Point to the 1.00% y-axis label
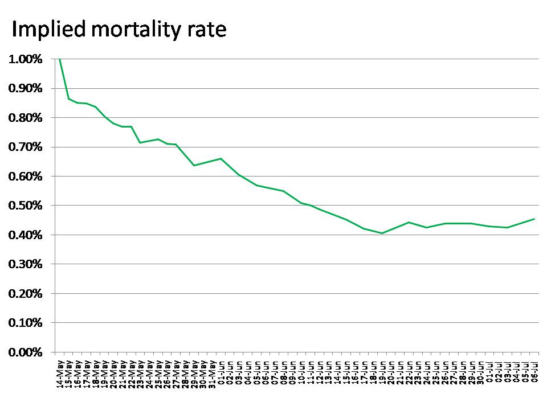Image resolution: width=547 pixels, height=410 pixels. pyautogui.click(x=25, y=59)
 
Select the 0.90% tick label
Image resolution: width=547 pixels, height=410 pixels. pyautogui.click(x=25, y=88)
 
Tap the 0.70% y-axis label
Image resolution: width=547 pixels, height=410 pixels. pyautogui.click(x=25, y=147)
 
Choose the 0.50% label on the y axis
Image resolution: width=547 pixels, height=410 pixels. pyautogui.click(x=25, y=206)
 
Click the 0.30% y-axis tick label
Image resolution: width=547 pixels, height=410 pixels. pyautogui.click(x=25, y=264)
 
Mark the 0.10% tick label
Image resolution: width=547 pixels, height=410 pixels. pyautogui.click(x=25, y=323)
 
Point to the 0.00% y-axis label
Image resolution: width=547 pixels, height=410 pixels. pyautogui.click(x=25, y=352)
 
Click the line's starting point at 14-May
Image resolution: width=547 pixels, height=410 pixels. pyautogui.click(x=60, y=59)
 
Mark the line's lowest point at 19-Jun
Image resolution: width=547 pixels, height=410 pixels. pyautogui.click(x=382, y=233)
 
